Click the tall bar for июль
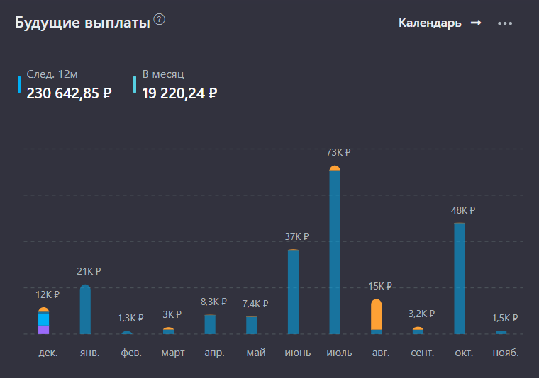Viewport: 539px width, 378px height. (335, 251)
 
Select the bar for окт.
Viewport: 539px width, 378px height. (460, 278)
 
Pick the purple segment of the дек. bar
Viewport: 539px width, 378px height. (44, 329)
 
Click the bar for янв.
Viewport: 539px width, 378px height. (85, 309)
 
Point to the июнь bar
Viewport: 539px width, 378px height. (293, 292)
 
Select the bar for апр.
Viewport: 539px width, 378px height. (210, 324)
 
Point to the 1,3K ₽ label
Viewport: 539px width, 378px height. (130, 318)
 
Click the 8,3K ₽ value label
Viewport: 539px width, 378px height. (213, 302)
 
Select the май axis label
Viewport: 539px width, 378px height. (256, 352)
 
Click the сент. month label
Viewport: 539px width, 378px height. (422, 352)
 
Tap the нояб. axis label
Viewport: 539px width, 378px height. (505, 352)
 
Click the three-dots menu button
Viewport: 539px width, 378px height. (505, 23)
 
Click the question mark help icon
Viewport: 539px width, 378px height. (159, 20)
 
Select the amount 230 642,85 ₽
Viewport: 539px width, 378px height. (69, 93)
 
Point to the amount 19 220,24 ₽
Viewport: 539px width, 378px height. (179, 93)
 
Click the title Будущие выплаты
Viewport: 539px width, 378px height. (82, 23)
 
